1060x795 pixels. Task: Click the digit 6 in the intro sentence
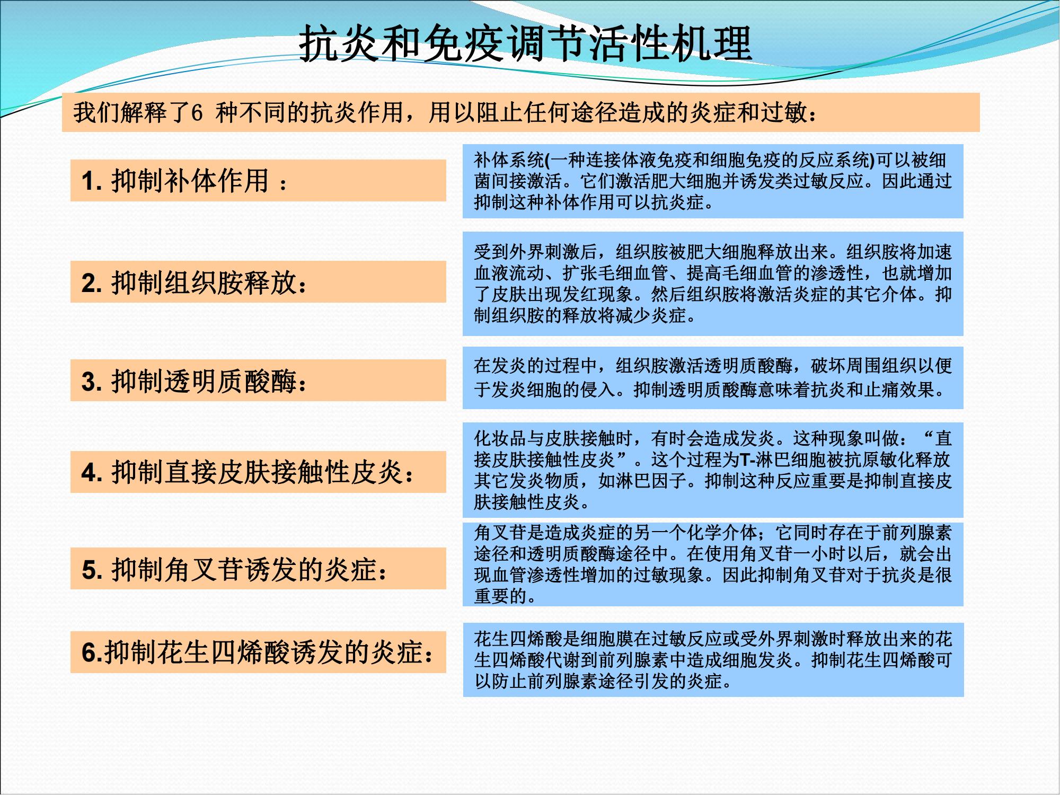[197, 113]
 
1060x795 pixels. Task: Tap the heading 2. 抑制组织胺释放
[194, 282]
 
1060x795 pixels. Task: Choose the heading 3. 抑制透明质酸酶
[194, 381]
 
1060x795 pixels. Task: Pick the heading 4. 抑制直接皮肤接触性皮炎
[248, 472]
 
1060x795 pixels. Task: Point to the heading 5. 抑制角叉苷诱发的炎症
[234, 569]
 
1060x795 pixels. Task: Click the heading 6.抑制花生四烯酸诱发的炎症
[258, 652]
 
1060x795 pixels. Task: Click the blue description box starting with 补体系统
[713, 181]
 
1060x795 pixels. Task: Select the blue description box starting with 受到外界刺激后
[713, 284]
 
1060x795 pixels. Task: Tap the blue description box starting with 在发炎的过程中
[713, 378]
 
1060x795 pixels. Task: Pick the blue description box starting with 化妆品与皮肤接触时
[713, 470]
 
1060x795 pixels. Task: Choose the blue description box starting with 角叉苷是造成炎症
[713, 564]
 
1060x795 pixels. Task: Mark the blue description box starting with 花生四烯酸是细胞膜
[713, 660]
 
